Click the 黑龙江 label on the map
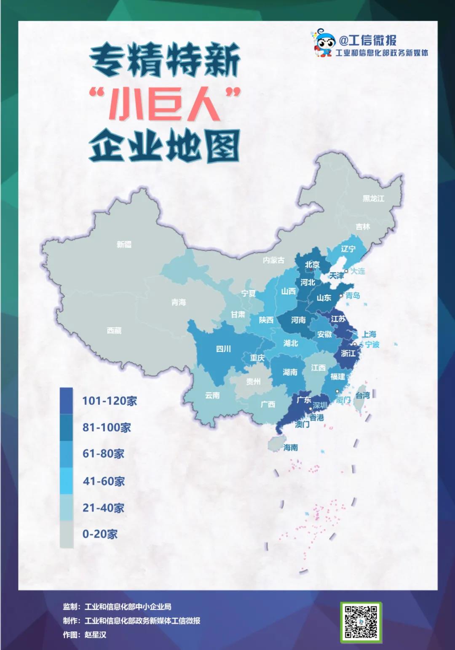pyautogui.click(x=373, y=198)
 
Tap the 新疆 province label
pyautogui.click(x=124, y=244)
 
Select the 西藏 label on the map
pyautogui.click(x=114, y=331)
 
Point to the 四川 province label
pyautogui.click(x=223, y=349)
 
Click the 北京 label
pyautogui.click(x=312, y=265)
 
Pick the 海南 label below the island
pyautogui.click(x=291, y=447)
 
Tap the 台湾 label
pyautogui.click(x=363, y=395)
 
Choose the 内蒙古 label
pyautogui.click(x=273, y=260)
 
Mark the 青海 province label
pyautogui.click(x=179, y=302)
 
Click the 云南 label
pyautogui.click(x=212, y=395)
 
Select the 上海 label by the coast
pyautogui.click(x=369, y=334)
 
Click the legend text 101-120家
pyautogui.click(x=110, y=401)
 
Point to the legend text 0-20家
pyautogui.click(x=100, y=534)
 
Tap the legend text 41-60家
pyautogui.click(x=104, y=481)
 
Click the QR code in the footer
pyautogui.click(x=361, y=622)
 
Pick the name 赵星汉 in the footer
pyautogui.click(x=96, y=634)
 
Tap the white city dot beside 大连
pyautogui.click(x=346, y=271)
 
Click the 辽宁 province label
pyautogui.click(x=348, y=249)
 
